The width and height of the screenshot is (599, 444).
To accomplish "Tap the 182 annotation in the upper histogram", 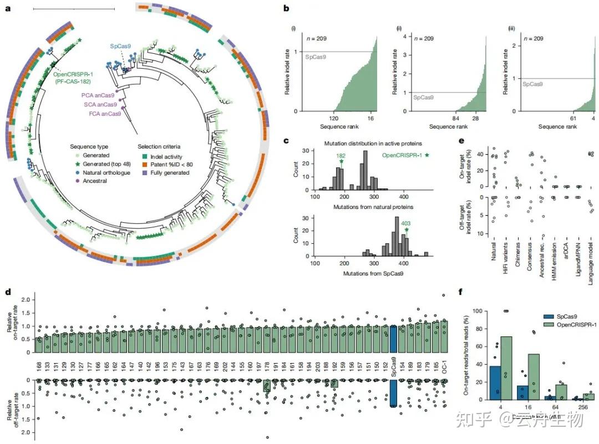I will (x=341, y=156).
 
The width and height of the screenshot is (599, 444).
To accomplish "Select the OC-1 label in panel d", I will (x=444, y=367).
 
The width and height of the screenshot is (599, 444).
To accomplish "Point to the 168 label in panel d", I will (x=38, y=366).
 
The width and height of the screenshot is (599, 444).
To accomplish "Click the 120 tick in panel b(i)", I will (x=335, y=119).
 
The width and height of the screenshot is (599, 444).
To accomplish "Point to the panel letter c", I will (x=286, y=141).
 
